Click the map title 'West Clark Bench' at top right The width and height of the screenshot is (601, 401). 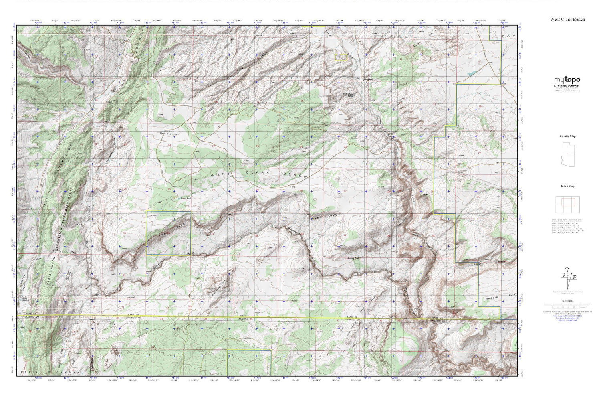567,19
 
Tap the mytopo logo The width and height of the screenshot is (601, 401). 567,80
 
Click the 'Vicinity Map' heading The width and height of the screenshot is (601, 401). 567,136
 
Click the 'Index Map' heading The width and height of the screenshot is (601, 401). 567,186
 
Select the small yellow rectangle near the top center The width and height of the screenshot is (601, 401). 341,57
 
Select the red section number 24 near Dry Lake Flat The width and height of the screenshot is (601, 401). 169,145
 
